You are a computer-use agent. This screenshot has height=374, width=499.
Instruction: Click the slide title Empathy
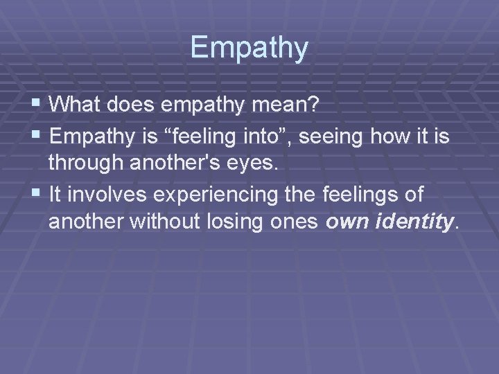[x=249, y=47]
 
